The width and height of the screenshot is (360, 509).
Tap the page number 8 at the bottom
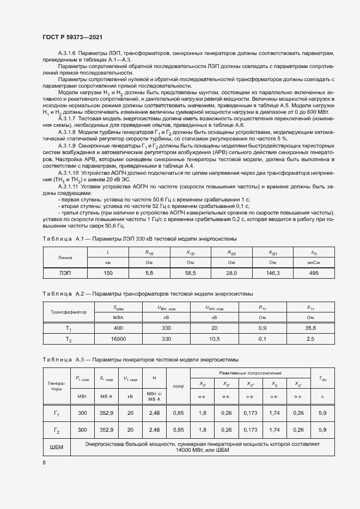coord(44,463)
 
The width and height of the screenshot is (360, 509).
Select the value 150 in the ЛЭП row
coord(108,272)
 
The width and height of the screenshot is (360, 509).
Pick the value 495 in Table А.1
coord(313,272)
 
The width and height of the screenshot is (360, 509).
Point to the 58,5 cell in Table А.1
coord(191,272)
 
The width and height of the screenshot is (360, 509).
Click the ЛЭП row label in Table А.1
coord(65,272)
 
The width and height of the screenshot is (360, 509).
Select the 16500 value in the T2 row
coord(119,339)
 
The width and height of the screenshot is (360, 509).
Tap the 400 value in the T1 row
coord(119,328)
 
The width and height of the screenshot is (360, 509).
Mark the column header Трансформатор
coord(69,312)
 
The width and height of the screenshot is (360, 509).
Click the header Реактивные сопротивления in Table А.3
coord(250,373)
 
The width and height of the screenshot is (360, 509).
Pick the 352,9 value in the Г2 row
coord(106,430)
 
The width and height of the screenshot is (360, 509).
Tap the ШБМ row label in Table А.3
coord(56,447)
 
